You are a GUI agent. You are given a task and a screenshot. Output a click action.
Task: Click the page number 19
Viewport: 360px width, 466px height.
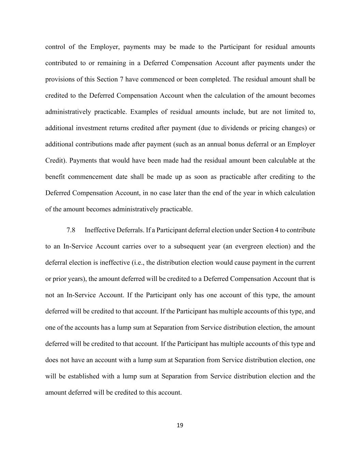180,425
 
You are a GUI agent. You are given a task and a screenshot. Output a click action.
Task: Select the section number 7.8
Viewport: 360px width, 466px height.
71,230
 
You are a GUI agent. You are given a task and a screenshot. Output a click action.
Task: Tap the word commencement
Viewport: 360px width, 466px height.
90,177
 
